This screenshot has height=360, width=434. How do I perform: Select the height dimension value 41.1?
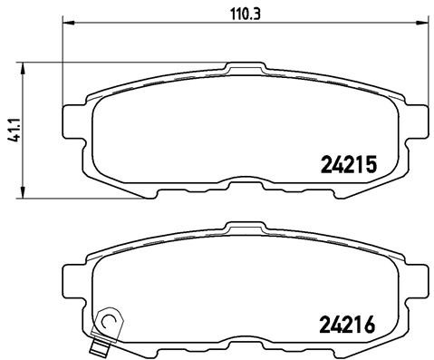[x=10, y=127]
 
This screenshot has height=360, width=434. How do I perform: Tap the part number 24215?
[x=349, y=163]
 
